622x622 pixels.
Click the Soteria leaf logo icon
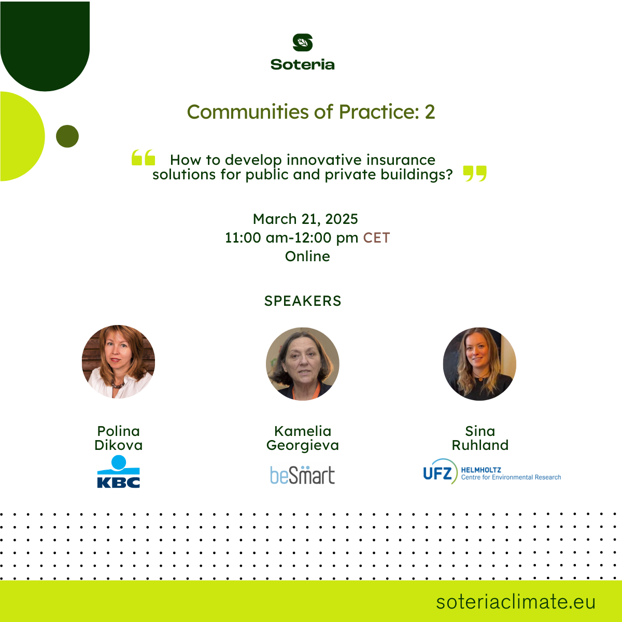pos(302,43)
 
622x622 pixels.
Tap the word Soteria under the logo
pos(302,65)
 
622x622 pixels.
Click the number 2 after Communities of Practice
pos(430,112)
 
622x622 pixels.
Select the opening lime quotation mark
pos(143,158)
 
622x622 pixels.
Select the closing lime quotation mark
pos(475,174)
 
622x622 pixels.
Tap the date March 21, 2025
pos(305,219)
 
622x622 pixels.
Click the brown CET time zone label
pos(376,238)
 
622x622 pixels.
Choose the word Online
pos(307,256)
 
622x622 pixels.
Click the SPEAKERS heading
pos(303,301)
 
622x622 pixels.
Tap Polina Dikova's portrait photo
pos(119,361)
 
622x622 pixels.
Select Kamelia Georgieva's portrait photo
pos(302,364)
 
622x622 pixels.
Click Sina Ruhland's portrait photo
pos(479,364)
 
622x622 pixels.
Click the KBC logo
pos(119,472)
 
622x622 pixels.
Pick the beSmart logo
pos(302,475)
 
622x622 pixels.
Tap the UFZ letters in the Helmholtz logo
pos(437,474)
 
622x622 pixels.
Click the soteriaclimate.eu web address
pos(516,602)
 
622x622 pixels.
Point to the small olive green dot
pos(67,136)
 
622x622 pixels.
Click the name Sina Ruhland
pos(480,438)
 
